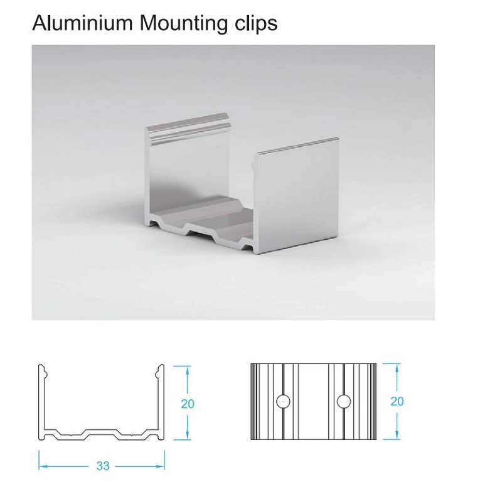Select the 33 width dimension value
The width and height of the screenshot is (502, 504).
click(x=102, y=466)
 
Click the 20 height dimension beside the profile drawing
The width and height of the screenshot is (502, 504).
click(x=188, y=404)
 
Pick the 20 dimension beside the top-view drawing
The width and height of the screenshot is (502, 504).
click(x=397, y=401)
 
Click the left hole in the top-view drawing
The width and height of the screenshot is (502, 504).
click(x=284, y=400)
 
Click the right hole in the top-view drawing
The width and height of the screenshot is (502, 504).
click(x=343, y=400)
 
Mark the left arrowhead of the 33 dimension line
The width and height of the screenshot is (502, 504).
click(x=42, y=466)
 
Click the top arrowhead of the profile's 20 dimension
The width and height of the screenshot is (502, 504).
click(x=188, y=370)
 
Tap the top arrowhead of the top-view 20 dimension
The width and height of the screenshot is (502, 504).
click(x=397, y=367)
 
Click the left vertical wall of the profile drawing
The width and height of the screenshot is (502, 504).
click(x=42, y=402)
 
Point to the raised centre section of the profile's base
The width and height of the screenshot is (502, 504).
click(x=102, y=431)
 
